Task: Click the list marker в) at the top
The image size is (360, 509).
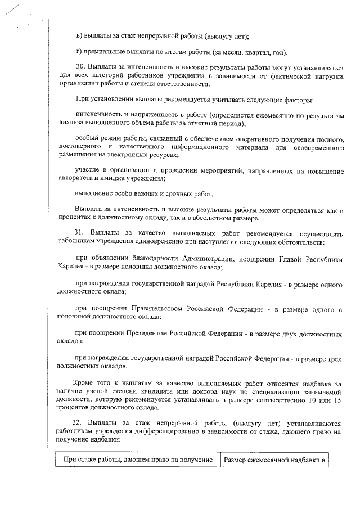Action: point(79,35)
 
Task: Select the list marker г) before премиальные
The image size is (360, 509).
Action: point(79,52)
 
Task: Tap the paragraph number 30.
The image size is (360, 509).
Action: point(80,69)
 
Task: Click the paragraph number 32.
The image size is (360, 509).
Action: point(80,422)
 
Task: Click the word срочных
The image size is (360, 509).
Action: point(170,195)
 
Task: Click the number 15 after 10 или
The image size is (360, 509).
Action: point(337,399)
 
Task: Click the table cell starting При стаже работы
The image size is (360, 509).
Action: point(138,460)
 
